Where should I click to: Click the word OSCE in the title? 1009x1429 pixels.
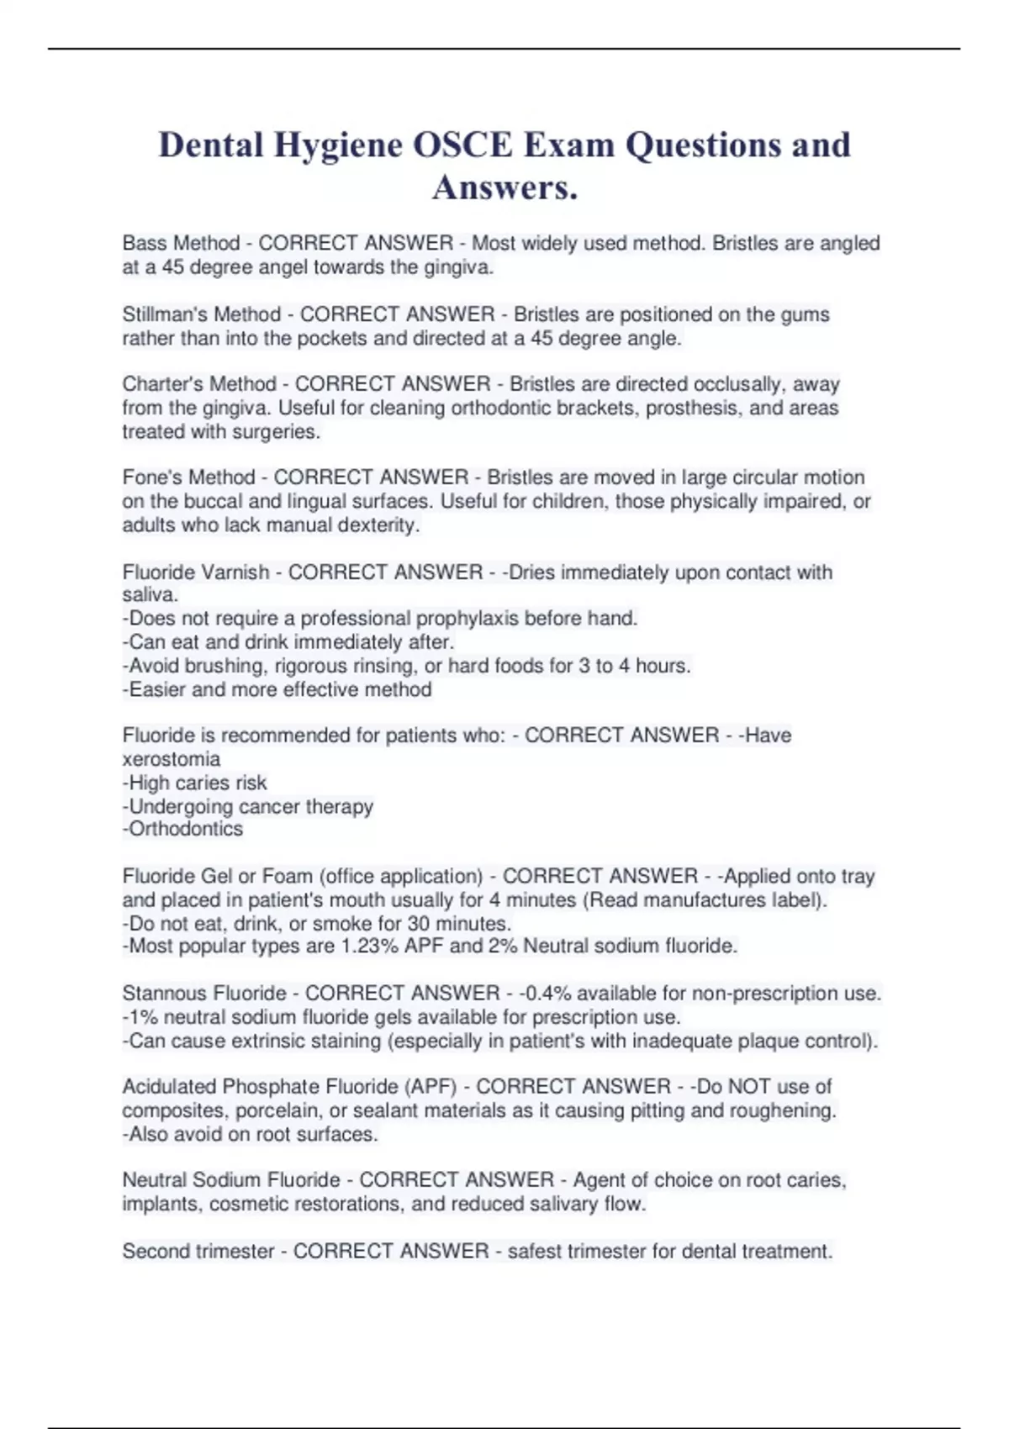click(x=462, y=145)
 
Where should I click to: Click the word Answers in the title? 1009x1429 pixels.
click(x=504, y=187)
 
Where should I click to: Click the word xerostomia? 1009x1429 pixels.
click(x=172, y=759)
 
